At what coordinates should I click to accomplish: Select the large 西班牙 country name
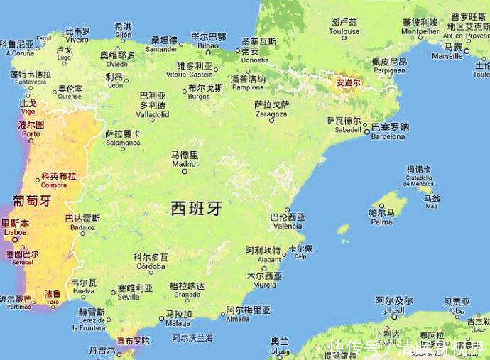coord(197,208)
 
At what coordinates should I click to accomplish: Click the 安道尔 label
coord(349,82)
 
